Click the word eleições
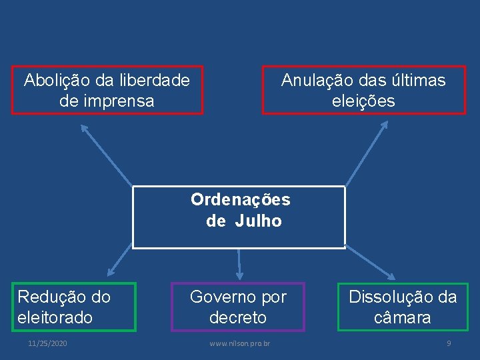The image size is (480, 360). click(363, 101)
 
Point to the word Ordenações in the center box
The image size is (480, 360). click(240, 199)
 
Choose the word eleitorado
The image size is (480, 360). click(55, 317)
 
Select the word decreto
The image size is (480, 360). click(237, 317)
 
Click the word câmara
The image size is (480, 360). click(402, 317)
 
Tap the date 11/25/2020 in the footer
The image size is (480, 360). click(47, 343)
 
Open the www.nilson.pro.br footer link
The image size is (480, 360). click(239, 343)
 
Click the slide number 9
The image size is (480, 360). click(449, 343)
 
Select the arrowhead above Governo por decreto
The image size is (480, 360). click(239, 275)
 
